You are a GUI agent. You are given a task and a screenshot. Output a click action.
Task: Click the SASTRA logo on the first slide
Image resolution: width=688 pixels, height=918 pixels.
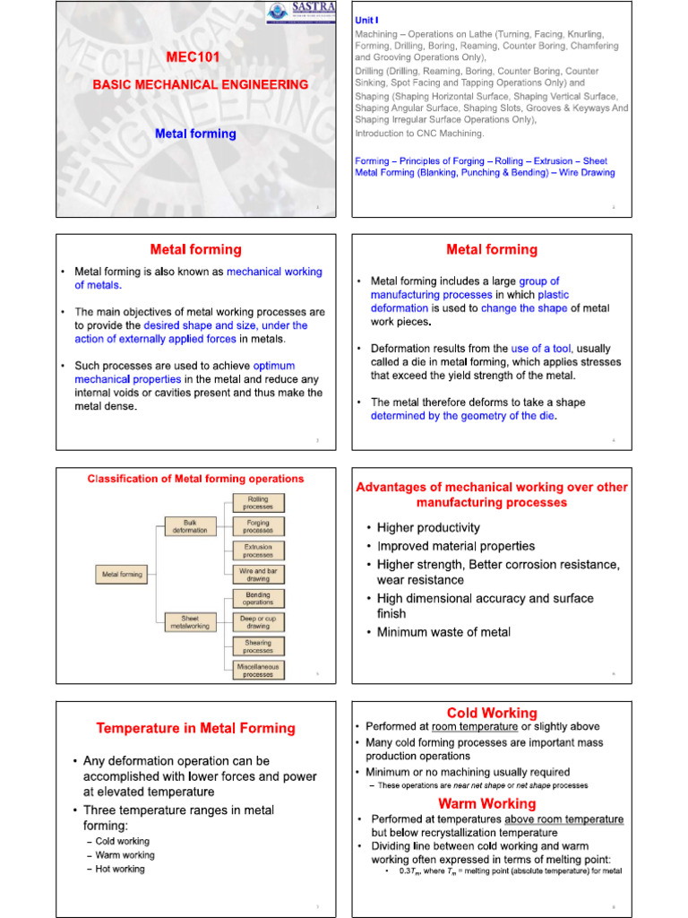(301, 13)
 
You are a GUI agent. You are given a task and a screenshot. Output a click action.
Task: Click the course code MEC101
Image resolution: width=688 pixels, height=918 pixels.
(193, 57)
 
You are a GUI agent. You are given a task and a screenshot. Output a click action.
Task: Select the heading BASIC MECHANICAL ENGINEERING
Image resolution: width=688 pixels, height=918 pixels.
(201, 84)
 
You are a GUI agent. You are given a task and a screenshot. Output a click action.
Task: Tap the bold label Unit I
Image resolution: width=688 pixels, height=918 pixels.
(367, 20)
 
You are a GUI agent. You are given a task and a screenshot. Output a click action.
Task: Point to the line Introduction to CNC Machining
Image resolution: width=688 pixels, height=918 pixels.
(419, 134)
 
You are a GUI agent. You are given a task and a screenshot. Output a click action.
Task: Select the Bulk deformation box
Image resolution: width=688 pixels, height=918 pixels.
(189, 525)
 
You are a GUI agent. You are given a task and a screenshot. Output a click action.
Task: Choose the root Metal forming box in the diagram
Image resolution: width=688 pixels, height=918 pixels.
(122, 574)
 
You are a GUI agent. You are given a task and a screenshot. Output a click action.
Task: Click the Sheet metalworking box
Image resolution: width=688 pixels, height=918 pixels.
(189, 622)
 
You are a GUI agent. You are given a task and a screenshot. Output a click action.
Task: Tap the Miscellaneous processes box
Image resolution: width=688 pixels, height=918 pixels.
(258, 670)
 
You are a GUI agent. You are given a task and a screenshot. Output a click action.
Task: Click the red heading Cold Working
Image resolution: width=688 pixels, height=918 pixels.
(492, 714)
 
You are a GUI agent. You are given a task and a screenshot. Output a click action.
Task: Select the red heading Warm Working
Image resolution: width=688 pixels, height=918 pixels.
(486, 803)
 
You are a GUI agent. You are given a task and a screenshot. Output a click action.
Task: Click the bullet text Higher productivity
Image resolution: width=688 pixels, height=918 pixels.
(428, 528)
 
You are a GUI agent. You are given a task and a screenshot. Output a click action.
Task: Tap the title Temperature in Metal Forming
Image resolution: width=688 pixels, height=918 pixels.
(195, 728)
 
